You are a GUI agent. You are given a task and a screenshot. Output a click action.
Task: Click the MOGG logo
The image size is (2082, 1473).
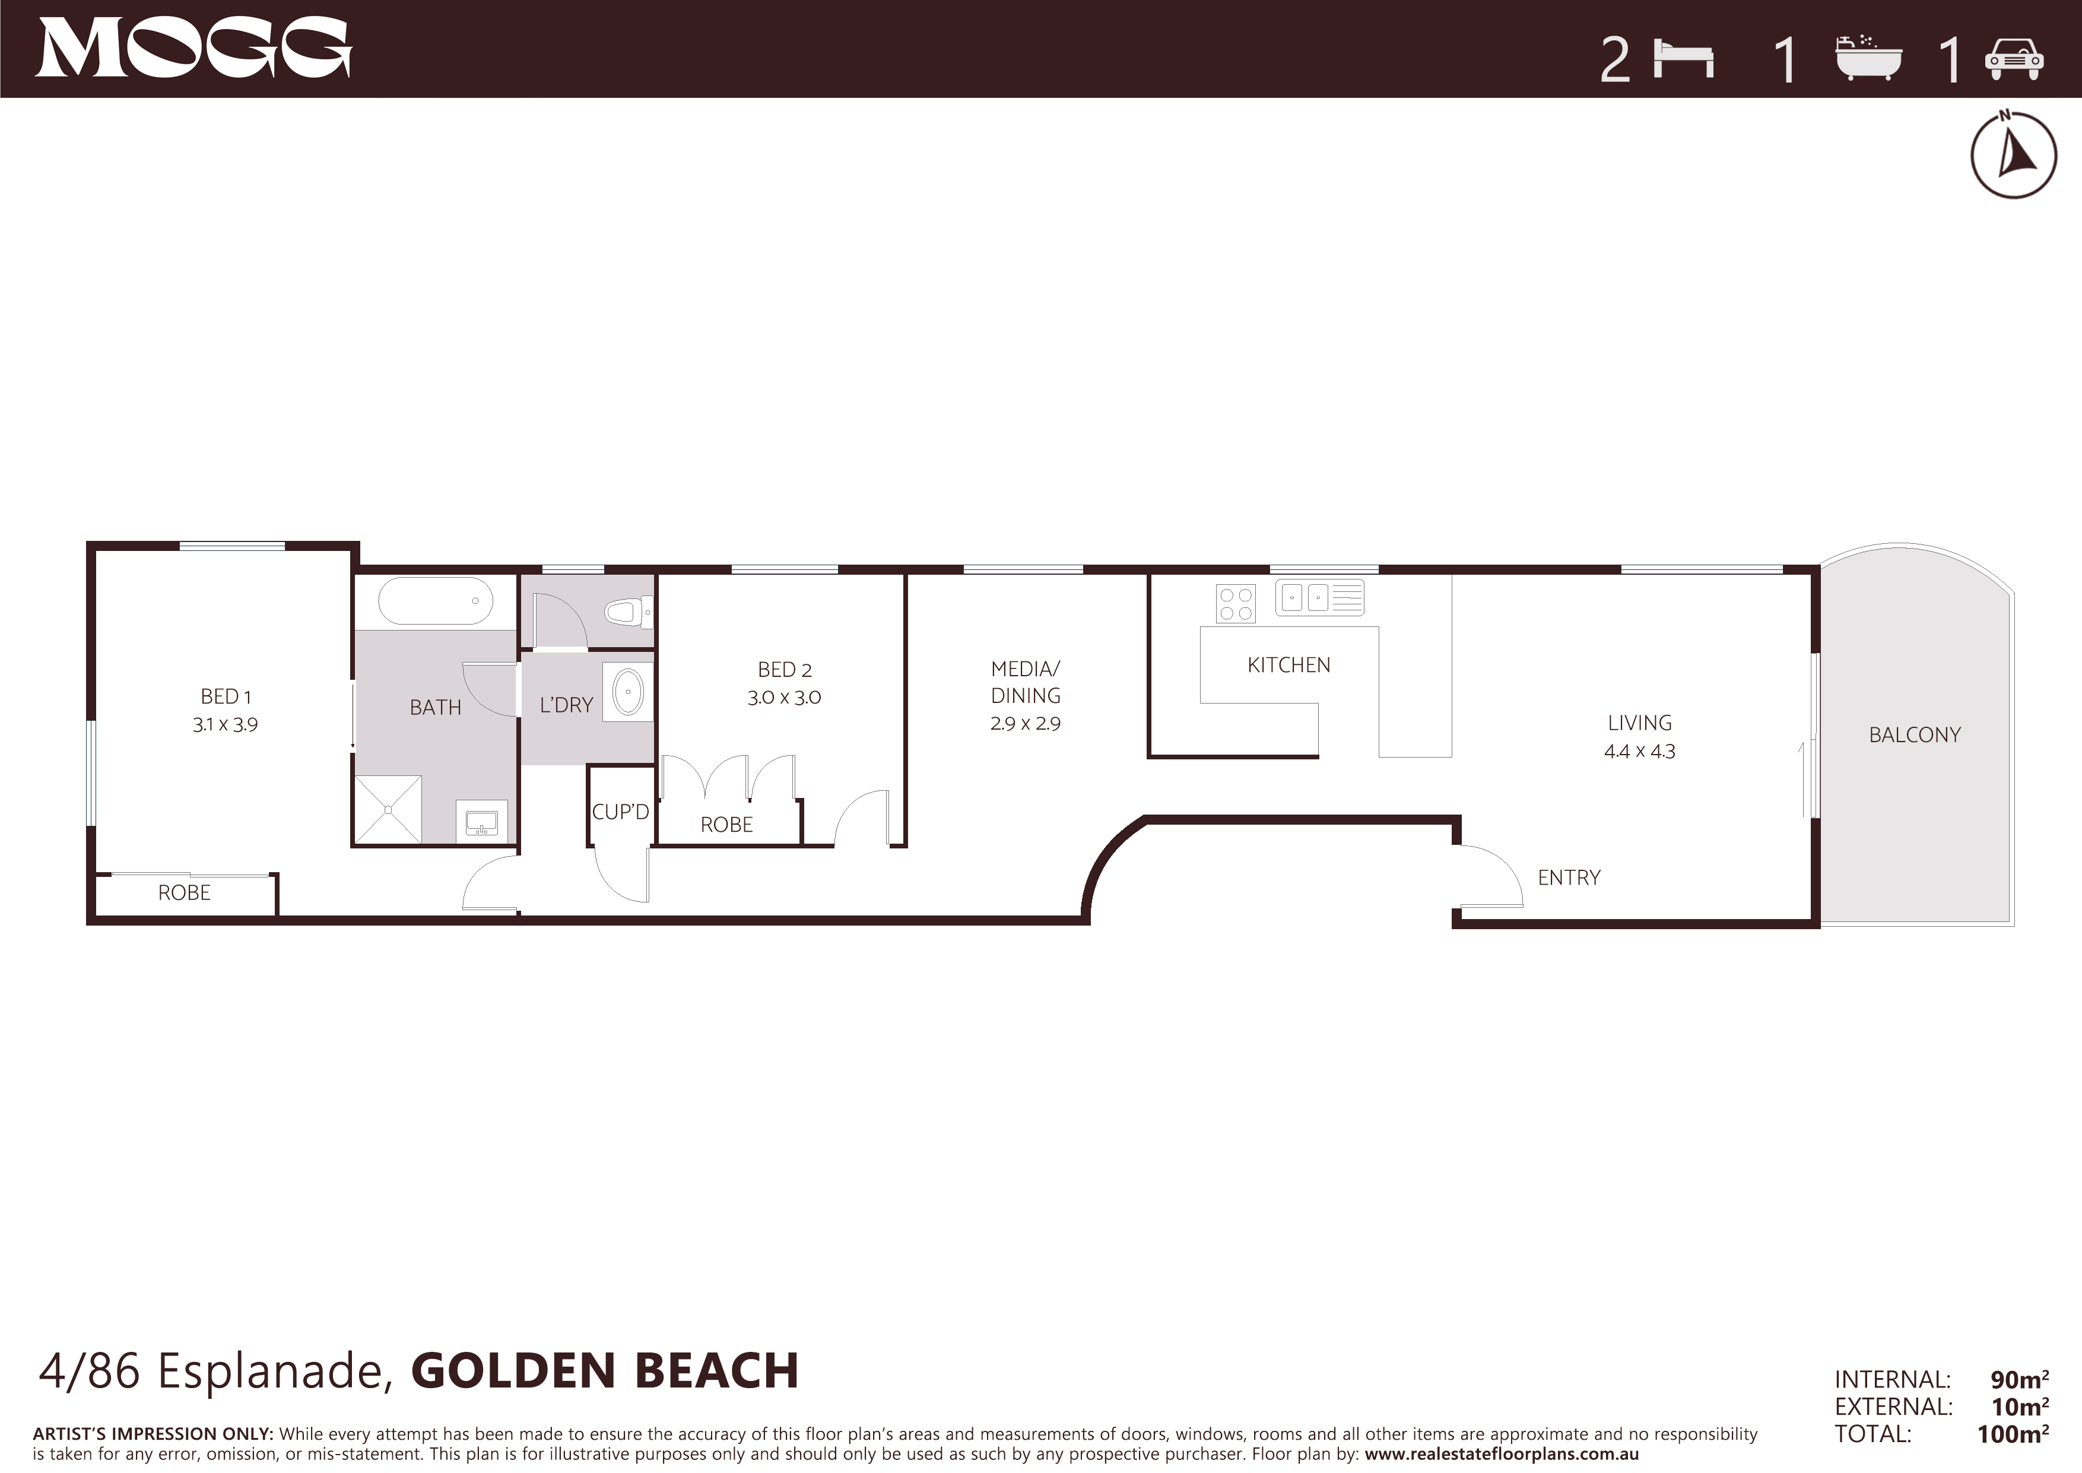[193, 48]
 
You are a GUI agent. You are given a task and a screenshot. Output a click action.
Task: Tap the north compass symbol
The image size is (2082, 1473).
[2013, 154]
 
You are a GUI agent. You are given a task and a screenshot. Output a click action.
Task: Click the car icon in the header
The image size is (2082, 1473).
[2014, 60]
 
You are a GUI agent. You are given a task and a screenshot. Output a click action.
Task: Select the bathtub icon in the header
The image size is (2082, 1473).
[1868, 59]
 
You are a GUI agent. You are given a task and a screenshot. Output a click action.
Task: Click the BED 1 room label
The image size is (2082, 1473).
[226, 696]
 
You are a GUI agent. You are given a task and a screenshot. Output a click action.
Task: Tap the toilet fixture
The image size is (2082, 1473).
[629, 612]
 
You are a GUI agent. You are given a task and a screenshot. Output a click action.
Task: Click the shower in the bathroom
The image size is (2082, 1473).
[388, 809]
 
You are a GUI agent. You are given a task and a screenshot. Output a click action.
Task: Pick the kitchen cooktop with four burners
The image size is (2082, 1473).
[1236, 604]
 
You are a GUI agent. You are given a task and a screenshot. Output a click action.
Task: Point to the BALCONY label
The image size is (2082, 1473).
[1915, 734]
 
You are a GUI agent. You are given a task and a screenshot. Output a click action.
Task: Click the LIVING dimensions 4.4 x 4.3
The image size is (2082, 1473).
[1639, 751]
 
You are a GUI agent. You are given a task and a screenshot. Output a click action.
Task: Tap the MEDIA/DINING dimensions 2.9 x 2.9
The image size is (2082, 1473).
[1026, 724]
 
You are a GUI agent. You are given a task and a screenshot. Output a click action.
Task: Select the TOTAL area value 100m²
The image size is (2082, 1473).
[2013, 1434]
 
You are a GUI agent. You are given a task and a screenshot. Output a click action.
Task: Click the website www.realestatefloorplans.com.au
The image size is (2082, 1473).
[1502, 1454]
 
